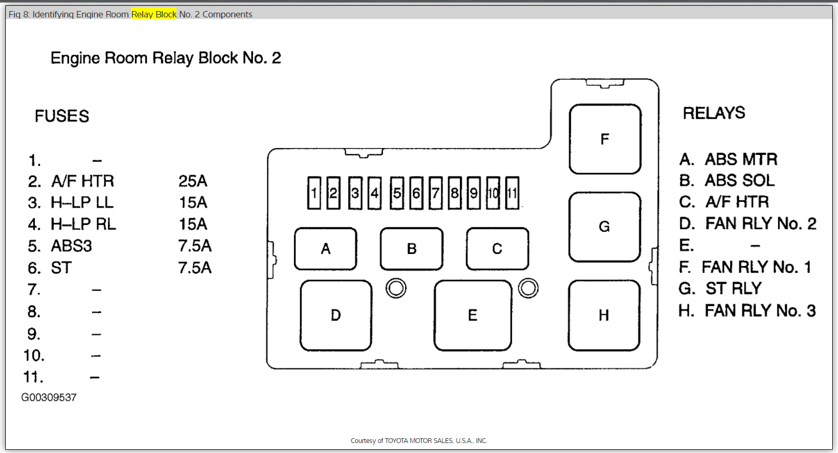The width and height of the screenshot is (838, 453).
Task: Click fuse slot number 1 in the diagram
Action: [314, 193]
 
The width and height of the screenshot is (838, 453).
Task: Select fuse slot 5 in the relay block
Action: [397, 193]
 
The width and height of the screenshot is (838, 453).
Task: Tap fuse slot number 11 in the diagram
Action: [512, 193]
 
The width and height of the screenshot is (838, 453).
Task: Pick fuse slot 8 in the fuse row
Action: [455, 193]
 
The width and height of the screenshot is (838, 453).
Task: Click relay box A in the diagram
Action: [326, 249]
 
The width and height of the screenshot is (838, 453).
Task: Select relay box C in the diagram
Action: [497, 249]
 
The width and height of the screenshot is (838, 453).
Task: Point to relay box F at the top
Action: [605, 139]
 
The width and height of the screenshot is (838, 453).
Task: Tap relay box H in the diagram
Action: [604, 315]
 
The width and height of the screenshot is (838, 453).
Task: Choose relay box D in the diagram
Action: [336, 315]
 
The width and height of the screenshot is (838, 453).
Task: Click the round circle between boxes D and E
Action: [396, 288]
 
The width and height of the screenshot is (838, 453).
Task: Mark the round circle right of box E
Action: [528, 288]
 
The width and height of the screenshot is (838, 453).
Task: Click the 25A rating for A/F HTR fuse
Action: [193, 181]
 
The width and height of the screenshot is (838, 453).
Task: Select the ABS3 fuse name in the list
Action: [71, 246]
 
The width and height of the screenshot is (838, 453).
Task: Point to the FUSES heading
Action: [62, 116]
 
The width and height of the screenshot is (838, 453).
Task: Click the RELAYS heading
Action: [714, 113]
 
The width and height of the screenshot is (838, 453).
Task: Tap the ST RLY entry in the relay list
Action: [733, 289]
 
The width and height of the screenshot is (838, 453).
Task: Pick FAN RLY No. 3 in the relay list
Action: [760, 311]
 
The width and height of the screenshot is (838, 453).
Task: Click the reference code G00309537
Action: [49, 398]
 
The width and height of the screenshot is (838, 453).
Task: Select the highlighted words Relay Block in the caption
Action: [154, 14]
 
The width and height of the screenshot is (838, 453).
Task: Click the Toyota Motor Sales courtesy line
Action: [419, 441]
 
